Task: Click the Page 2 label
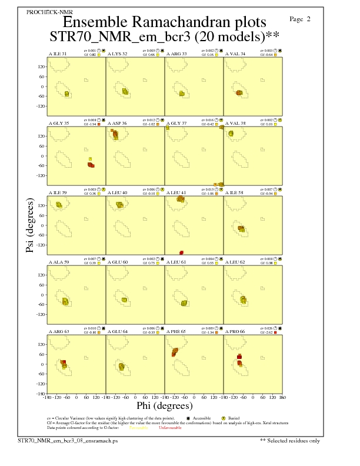pyautogui.click(x=300, y=19)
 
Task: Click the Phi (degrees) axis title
pyautogui.click(x=164, y=405)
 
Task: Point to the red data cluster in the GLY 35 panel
pyautogui.click(x=91, y=165)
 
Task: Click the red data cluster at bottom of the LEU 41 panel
pyautogui.click(x=182, y=253)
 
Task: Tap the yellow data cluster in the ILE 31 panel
pyautogui.click(x=67, y=94)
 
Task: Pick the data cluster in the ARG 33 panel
pyautogui.click(x=182, y=94)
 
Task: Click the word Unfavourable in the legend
pyautogui.click(x=170, y=428)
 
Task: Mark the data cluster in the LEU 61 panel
pyautogui.click(x=184, y=303)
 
